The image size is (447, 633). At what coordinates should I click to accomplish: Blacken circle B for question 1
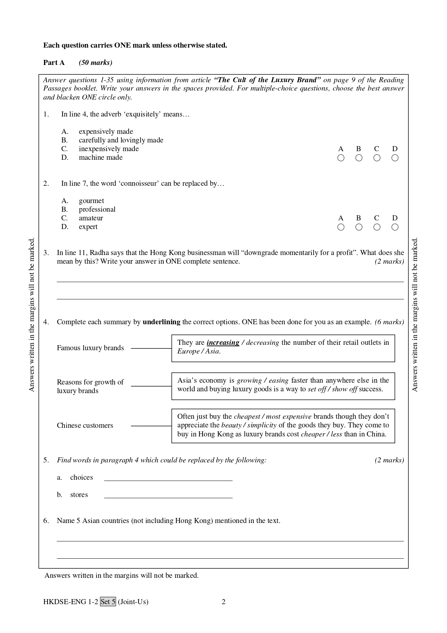point(359,158)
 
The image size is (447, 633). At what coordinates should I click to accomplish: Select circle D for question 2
point(395,227)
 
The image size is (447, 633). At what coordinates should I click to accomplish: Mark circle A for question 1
point(341,158)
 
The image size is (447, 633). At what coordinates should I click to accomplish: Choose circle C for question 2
point(377,227)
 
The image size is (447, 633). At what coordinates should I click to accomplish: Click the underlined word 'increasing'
point(223,343)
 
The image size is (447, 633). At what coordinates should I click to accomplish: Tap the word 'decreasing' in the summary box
point(262,343)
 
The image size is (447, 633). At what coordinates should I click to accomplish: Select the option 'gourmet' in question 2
point(91,201)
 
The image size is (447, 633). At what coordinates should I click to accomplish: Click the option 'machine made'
point(101,158)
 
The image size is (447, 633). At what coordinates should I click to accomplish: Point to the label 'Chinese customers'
point(85,426)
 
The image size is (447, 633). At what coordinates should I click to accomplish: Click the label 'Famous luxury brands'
point(90,348)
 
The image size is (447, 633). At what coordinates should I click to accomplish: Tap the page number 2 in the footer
point(223,602)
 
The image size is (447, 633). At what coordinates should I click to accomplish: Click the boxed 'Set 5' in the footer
point(108,602)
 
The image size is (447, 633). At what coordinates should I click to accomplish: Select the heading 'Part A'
point(54,63)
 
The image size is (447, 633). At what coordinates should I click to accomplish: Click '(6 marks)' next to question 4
point(389,322)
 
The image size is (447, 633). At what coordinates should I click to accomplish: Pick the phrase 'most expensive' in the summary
point(288,417)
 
